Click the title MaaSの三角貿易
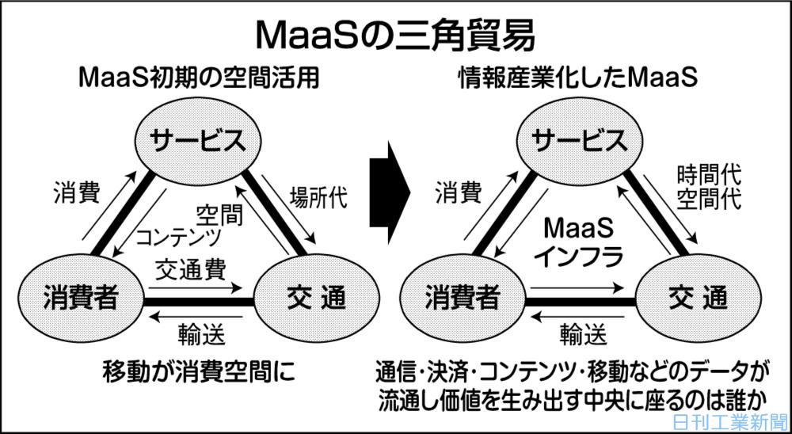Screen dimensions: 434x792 pyautogui.click(x=396, y=35)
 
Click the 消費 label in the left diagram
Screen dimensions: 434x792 pyautogui.click(x=76, y=192)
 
